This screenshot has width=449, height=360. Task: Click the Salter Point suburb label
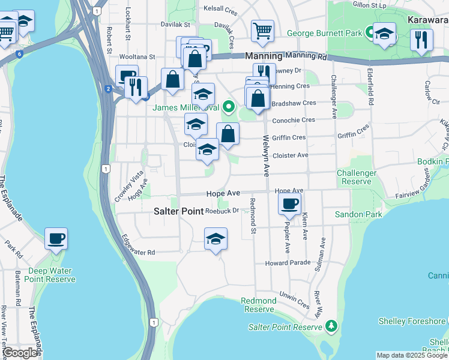(x=179, y=211)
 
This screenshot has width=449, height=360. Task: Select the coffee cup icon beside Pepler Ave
(x=290, y=205)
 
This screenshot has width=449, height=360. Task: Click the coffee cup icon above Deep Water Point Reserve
(x=56, y=239)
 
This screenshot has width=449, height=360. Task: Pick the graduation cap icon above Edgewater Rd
(x=215, y=239)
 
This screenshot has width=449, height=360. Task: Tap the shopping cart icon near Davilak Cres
(x=262, y=31)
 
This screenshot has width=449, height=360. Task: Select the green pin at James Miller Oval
(x=228, y=108)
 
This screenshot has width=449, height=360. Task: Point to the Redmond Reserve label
(x=259, y=305)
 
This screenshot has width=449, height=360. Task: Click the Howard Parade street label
(x=288, y=263)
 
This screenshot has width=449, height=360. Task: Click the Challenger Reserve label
(x=357, y=177)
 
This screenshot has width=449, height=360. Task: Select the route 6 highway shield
(x=20, y=54)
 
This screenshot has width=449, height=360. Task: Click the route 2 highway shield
(x=108, y=89)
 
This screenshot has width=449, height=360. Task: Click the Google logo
(x=20, y=353)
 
